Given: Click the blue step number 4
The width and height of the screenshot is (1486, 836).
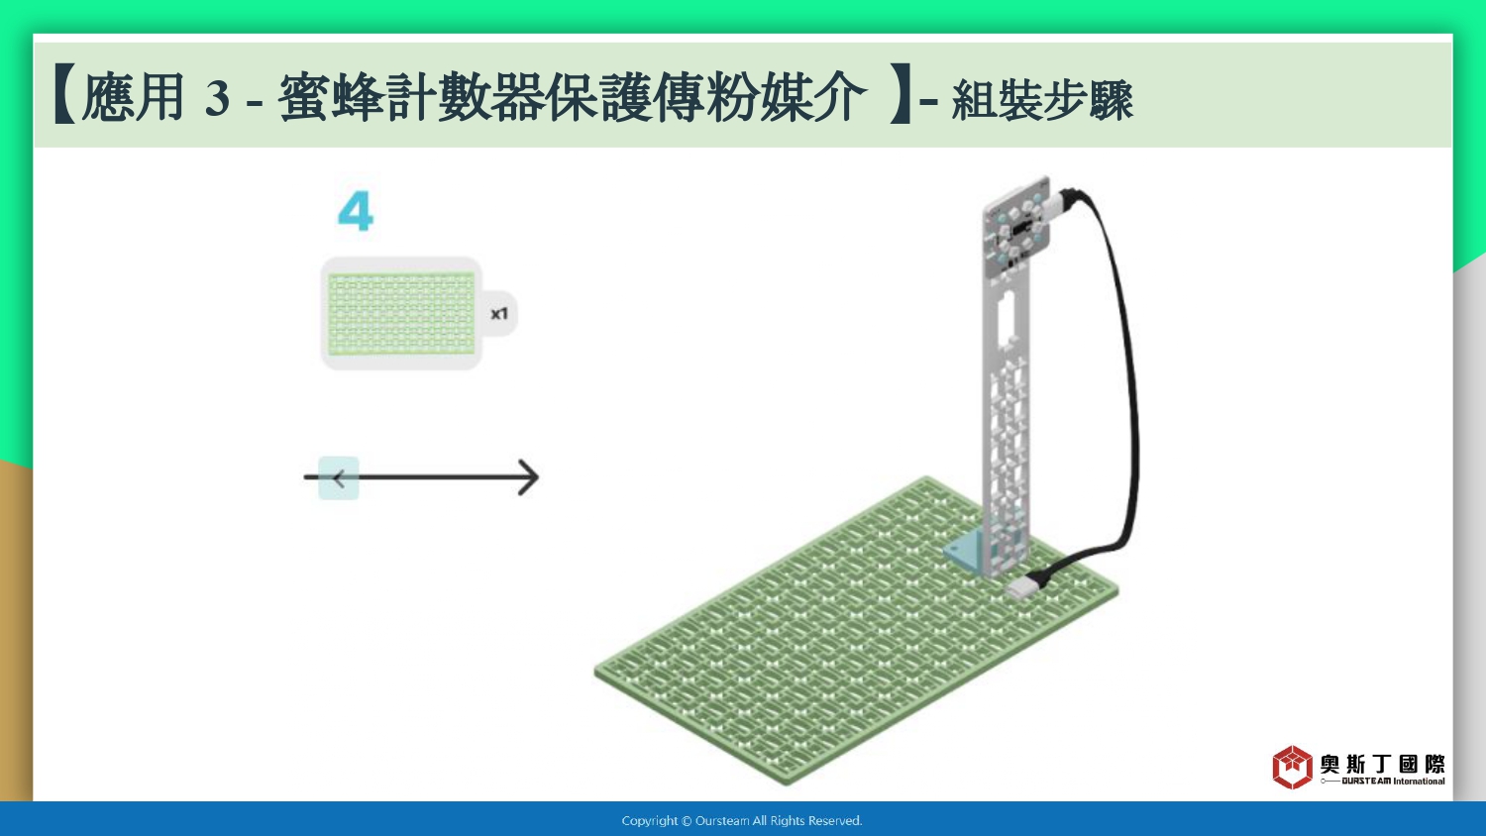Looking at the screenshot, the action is pos(356,211).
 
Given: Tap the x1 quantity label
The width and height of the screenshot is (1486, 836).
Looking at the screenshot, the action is pos(499,314).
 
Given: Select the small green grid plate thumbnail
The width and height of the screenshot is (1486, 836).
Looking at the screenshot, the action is pos(401,313).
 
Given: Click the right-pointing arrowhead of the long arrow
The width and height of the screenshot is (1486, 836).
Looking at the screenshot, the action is pos(529,477).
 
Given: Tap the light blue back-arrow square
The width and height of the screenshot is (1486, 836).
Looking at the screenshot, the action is pos(339,477).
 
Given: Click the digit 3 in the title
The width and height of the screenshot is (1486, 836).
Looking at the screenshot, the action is pos(218,98).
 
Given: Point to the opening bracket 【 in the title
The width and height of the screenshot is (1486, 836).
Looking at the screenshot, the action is pos(64,94).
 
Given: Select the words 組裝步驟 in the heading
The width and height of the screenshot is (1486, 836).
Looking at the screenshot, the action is pos(1042,99).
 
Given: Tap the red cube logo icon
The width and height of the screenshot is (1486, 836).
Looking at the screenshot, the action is pos(1292,767).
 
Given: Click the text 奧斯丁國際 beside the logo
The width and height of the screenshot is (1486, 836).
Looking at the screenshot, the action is pos(1383,764).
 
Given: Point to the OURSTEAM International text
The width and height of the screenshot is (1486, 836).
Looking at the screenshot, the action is pos(1393,781).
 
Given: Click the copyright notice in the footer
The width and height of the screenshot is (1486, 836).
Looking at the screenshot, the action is pos(742,821).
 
